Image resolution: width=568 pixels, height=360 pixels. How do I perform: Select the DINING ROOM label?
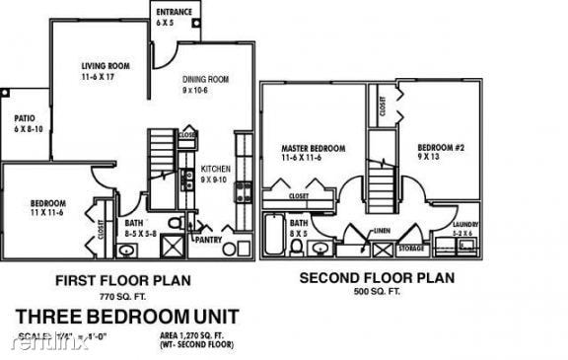[205, 84]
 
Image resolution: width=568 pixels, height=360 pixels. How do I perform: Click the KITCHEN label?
[215, 174]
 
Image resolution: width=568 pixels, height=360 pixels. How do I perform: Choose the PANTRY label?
[209, 239]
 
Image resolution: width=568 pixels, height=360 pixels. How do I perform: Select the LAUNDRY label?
[465, 224]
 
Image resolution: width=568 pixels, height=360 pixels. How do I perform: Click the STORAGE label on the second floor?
[411, 249]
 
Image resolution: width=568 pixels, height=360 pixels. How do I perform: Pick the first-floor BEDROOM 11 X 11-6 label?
[48, 208]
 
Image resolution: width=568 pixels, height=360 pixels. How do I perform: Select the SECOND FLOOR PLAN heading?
[377, 278]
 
